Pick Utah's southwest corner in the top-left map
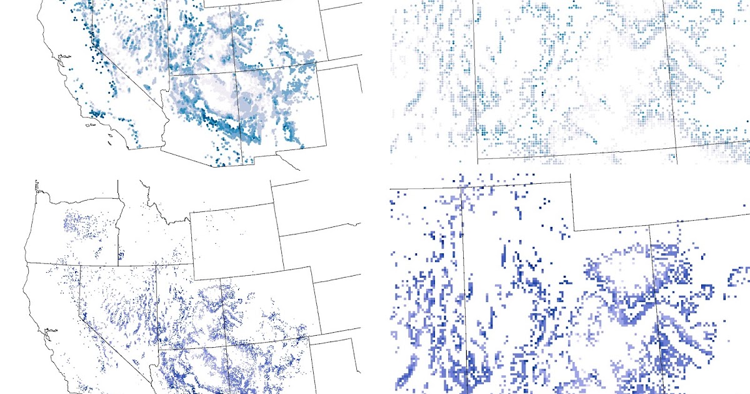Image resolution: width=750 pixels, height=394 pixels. (170, 76)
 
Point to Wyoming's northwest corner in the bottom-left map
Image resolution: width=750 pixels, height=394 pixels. (190, 212)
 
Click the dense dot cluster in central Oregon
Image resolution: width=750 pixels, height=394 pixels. (81, 225)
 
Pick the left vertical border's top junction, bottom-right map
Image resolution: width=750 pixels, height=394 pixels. (462, 188)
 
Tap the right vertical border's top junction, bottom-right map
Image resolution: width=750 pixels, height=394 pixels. (649, 225)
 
